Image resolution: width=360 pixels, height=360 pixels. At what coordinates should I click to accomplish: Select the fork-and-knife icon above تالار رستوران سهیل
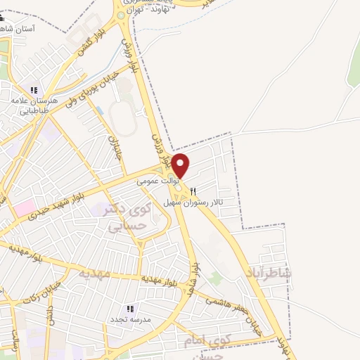pos(193,191)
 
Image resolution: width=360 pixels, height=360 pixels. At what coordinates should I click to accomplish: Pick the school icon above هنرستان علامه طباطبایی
pos(33,89)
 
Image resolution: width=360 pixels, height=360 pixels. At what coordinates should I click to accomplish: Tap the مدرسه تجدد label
pos(127,319)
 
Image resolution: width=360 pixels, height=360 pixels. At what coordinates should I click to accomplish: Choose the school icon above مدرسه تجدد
pos(129,308)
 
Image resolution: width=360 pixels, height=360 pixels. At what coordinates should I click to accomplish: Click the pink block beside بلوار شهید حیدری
pos(24,208)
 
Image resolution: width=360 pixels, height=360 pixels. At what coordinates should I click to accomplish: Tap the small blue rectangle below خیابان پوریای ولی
pos(99,111)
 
